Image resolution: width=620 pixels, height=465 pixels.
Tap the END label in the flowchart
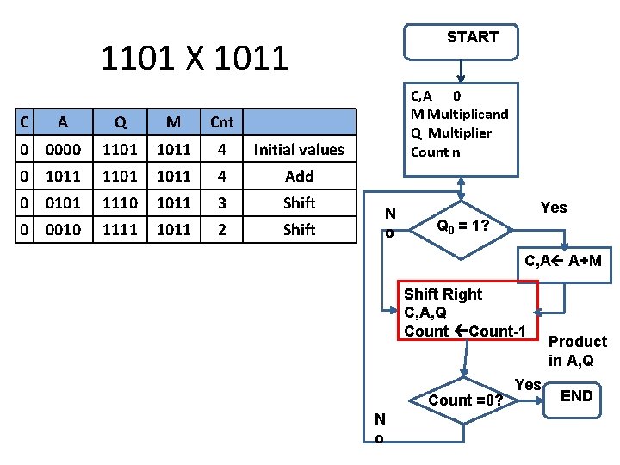pos(576,396)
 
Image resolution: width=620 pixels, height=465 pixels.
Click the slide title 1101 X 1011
pos(195,59)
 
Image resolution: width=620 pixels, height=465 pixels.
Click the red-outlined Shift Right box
pos(466,313)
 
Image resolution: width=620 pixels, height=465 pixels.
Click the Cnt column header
pos(221,122)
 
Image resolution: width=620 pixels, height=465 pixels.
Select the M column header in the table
pos(174,122)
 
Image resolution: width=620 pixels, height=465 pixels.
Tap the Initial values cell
pos(299,150)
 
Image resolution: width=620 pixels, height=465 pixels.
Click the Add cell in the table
pos(299,177)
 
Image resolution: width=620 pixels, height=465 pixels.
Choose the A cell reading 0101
pos(65,203)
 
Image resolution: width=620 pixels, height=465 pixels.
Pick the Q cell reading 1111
pos(120,230)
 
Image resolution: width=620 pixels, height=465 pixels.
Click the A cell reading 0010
pos(65,230)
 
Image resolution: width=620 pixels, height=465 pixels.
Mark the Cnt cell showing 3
pos(221,203)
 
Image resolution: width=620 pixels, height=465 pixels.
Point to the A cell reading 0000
pos(65,150)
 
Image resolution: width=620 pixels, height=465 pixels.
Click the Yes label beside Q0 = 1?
pos(554,208)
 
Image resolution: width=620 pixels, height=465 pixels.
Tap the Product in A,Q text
pos(577,350)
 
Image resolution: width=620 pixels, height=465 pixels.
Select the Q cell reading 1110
pos(120,203)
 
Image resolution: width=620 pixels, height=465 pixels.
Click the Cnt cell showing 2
pos(221,230)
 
